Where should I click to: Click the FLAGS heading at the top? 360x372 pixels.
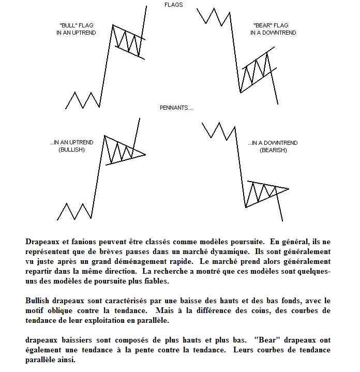point(173,5)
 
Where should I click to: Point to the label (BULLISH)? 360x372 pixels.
point(71,149)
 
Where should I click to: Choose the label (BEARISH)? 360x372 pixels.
point(273,150)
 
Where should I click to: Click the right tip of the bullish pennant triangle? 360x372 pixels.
point(145,154)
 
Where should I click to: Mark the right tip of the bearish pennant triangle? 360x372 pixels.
point(288,188)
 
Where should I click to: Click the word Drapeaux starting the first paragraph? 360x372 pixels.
point(44,242)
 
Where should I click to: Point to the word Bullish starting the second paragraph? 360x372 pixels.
point(39,301)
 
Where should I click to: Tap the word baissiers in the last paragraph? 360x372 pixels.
point(82,340)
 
